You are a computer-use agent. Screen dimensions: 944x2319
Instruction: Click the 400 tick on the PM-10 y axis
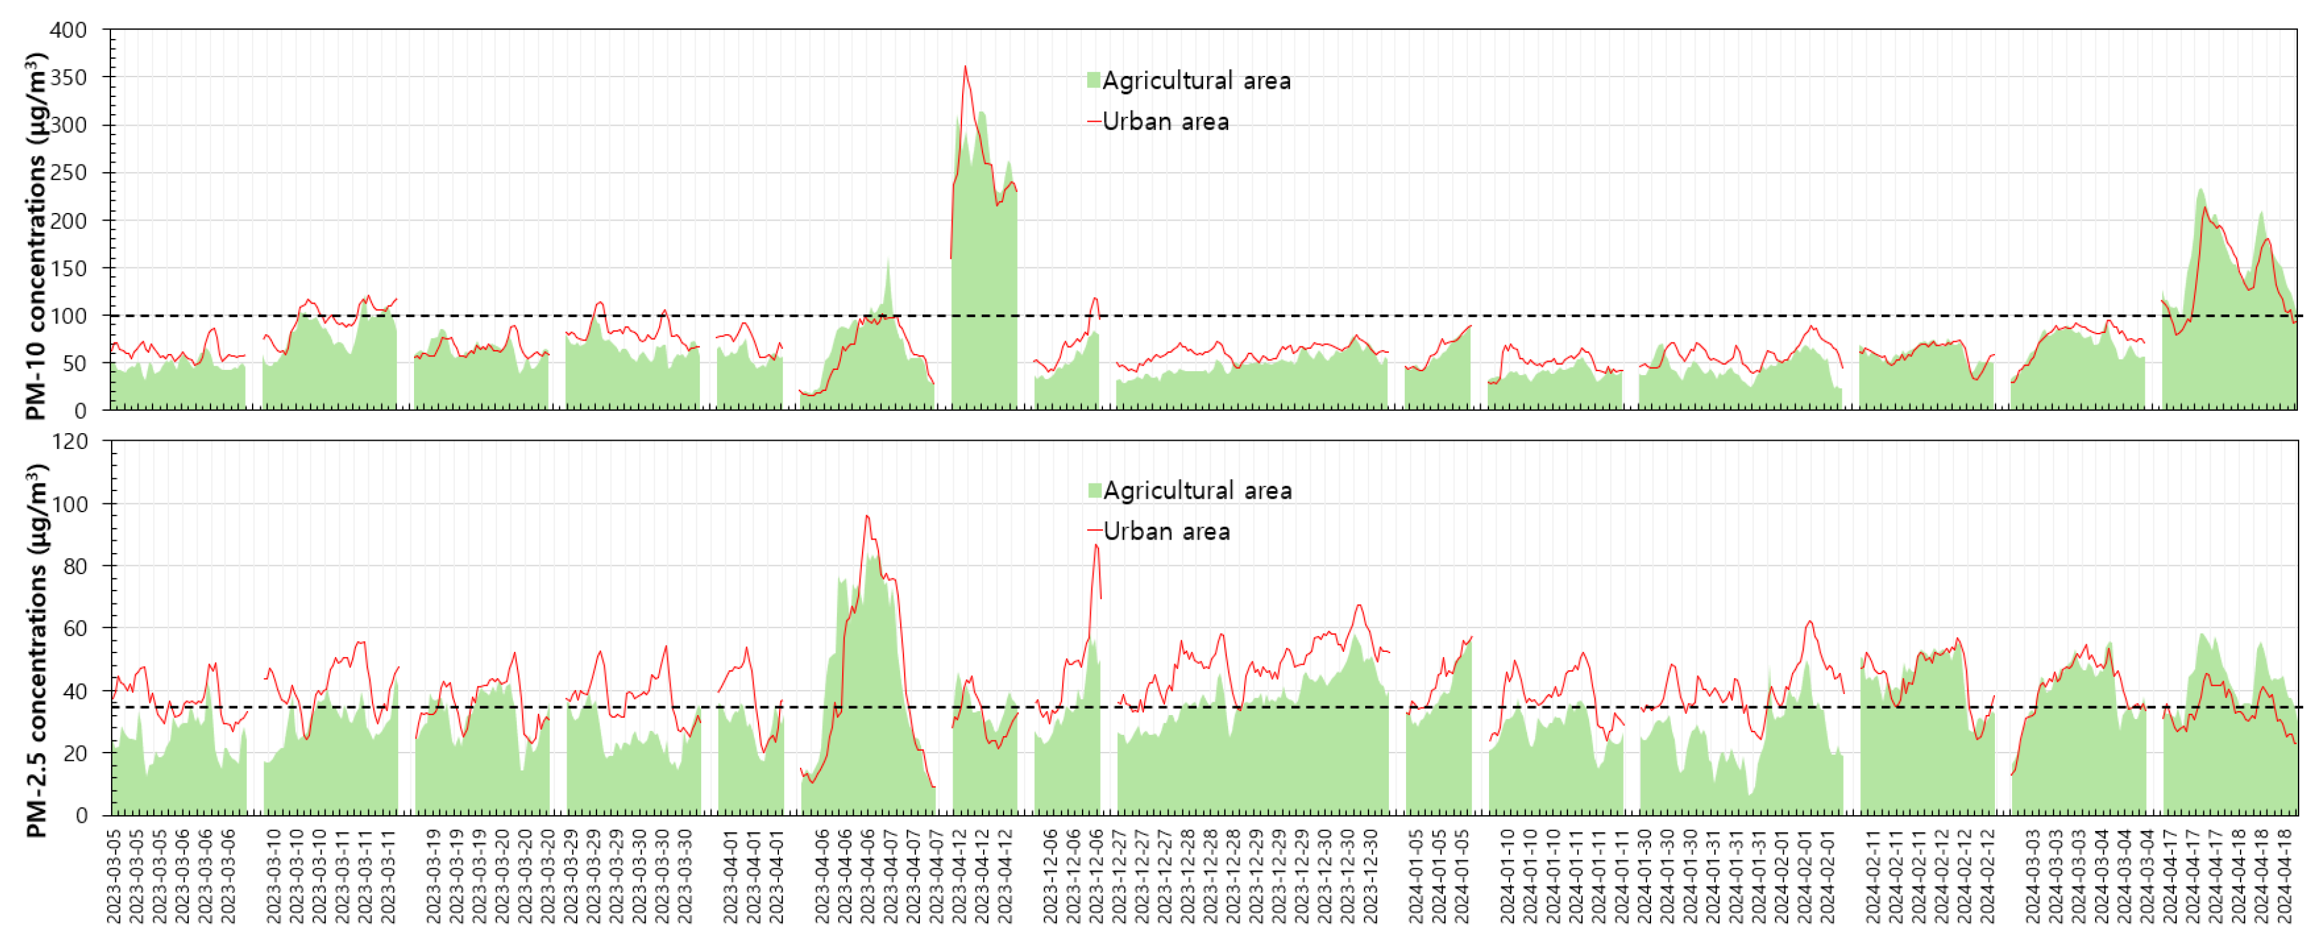click(68, 30)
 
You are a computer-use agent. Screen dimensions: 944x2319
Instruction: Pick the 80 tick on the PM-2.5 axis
click(74, 566)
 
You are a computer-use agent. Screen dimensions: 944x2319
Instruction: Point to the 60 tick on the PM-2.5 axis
click(74, 628)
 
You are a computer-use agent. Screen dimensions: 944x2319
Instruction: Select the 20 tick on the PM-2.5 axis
click(74, 753)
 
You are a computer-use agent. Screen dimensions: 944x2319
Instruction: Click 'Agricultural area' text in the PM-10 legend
click(1196, 81)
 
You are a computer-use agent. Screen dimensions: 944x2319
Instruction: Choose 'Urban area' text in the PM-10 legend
click(1166, 121)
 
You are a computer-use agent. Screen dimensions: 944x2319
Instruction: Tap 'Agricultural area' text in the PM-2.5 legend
click(1197, 490)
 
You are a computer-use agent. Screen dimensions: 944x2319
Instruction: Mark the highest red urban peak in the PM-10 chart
click(965, 66)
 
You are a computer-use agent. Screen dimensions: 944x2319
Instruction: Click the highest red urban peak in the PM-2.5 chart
click(867, 515)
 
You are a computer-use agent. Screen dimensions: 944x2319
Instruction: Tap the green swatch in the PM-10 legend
click(1093, 80)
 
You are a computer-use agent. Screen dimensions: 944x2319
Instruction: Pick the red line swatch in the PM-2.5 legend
click(1095, 530)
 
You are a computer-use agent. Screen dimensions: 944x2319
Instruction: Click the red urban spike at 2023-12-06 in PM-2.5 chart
click(1095, 545)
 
